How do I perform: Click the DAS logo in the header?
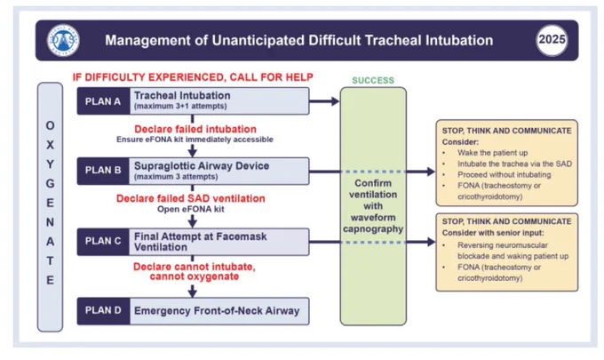tap(63, 40)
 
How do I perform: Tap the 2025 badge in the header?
tap(552, 40)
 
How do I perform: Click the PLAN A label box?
tap(103, 101)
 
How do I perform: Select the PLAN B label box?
tap(103, 171)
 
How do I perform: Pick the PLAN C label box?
tap(103, 241)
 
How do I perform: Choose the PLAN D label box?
tap(103, 310)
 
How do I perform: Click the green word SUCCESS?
tap(373, 81)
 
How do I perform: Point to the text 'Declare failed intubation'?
tap(195, 129)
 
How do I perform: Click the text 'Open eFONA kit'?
tap(191, 209)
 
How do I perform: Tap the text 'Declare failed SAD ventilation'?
tap(191, 198)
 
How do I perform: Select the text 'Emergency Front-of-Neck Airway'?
tap(217, 311)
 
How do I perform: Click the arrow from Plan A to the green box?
tap(324, 101)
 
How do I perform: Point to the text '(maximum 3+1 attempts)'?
tap(180, 106)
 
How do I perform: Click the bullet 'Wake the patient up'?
tap(492, 153)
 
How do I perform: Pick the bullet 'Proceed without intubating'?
tap(504, 174)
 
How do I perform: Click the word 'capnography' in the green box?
tap(373, 229)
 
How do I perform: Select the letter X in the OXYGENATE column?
tap(50, 145)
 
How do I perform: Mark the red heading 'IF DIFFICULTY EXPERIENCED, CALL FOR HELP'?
tap(193, 77)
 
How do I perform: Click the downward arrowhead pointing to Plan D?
tap(192, 292)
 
